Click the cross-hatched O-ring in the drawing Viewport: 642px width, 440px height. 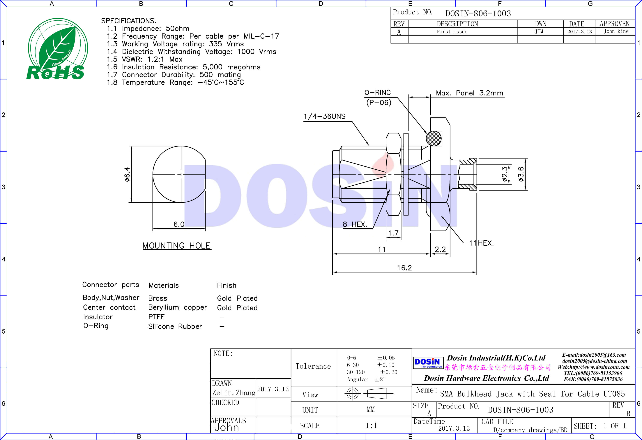[434, 138]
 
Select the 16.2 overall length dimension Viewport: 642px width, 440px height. [404, 268]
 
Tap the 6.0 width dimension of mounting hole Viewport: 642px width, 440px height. [179, 224]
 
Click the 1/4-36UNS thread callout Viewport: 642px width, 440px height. [325, 116]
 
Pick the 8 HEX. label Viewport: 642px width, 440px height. [355, 224]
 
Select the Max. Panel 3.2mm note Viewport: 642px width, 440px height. [469, 93]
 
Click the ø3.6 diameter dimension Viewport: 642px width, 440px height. [521, 174]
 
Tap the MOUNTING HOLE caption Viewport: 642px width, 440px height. [177, 246]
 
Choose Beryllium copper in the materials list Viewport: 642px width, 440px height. [177, 307]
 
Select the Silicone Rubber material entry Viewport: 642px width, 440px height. [175, 326]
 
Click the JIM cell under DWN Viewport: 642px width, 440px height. [539, 31]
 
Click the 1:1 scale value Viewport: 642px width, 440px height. [371, 425]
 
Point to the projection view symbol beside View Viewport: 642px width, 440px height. [369, 393]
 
